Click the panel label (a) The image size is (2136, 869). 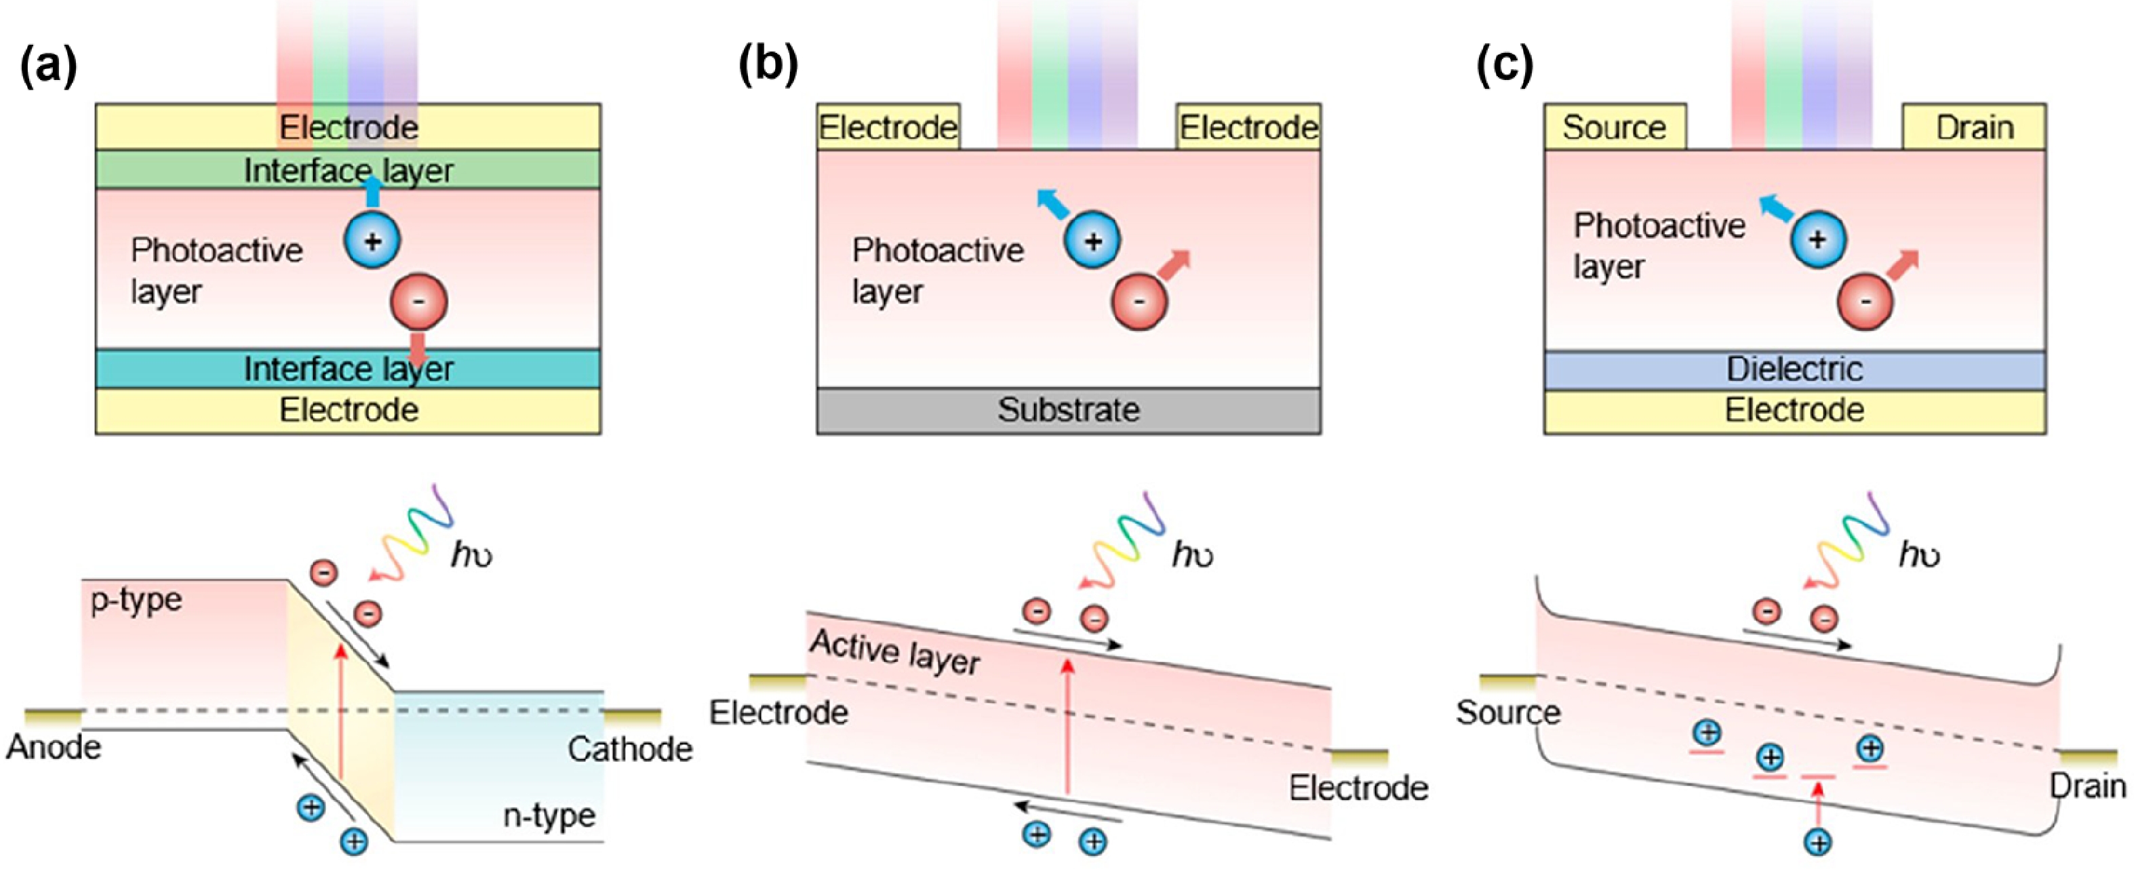(x=48, y=66)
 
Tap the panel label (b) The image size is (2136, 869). (x=767, y=66)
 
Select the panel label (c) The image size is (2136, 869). (x=1504, y=66)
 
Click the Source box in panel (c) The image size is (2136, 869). (x=1614, y=127)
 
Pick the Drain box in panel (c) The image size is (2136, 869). (x=1973, y=127)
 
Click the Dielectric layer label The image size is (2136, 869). (x=1794, y=369)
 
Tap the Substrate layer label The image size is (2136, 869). (x=1068, y=409)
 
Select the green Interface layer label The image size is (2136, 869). (x=349, y=170)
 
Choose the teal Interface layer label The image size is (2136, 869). (x=349, y=369)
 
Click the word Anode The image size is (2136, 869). (x=54, y=747)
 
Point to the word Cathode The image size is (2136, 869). (x=630, y=749)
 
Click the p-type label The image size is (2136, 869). (x=137, y=599)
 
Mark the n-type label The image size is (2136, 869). (x=549, y=816)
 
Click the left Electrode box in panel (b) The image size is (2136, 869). (x=888, y=127)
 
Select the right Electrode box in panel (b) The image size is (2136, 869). (x=1248, y=127)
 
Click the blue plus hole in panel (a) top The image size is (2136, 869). (x=372, y=241)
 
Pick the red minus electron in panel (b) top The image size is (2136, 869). (x=1139, y=302)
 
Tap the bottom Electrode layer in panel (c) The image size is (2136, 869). (x=1794, y=409)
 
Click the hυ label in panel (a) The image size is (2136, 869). (x=471, y=554)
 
